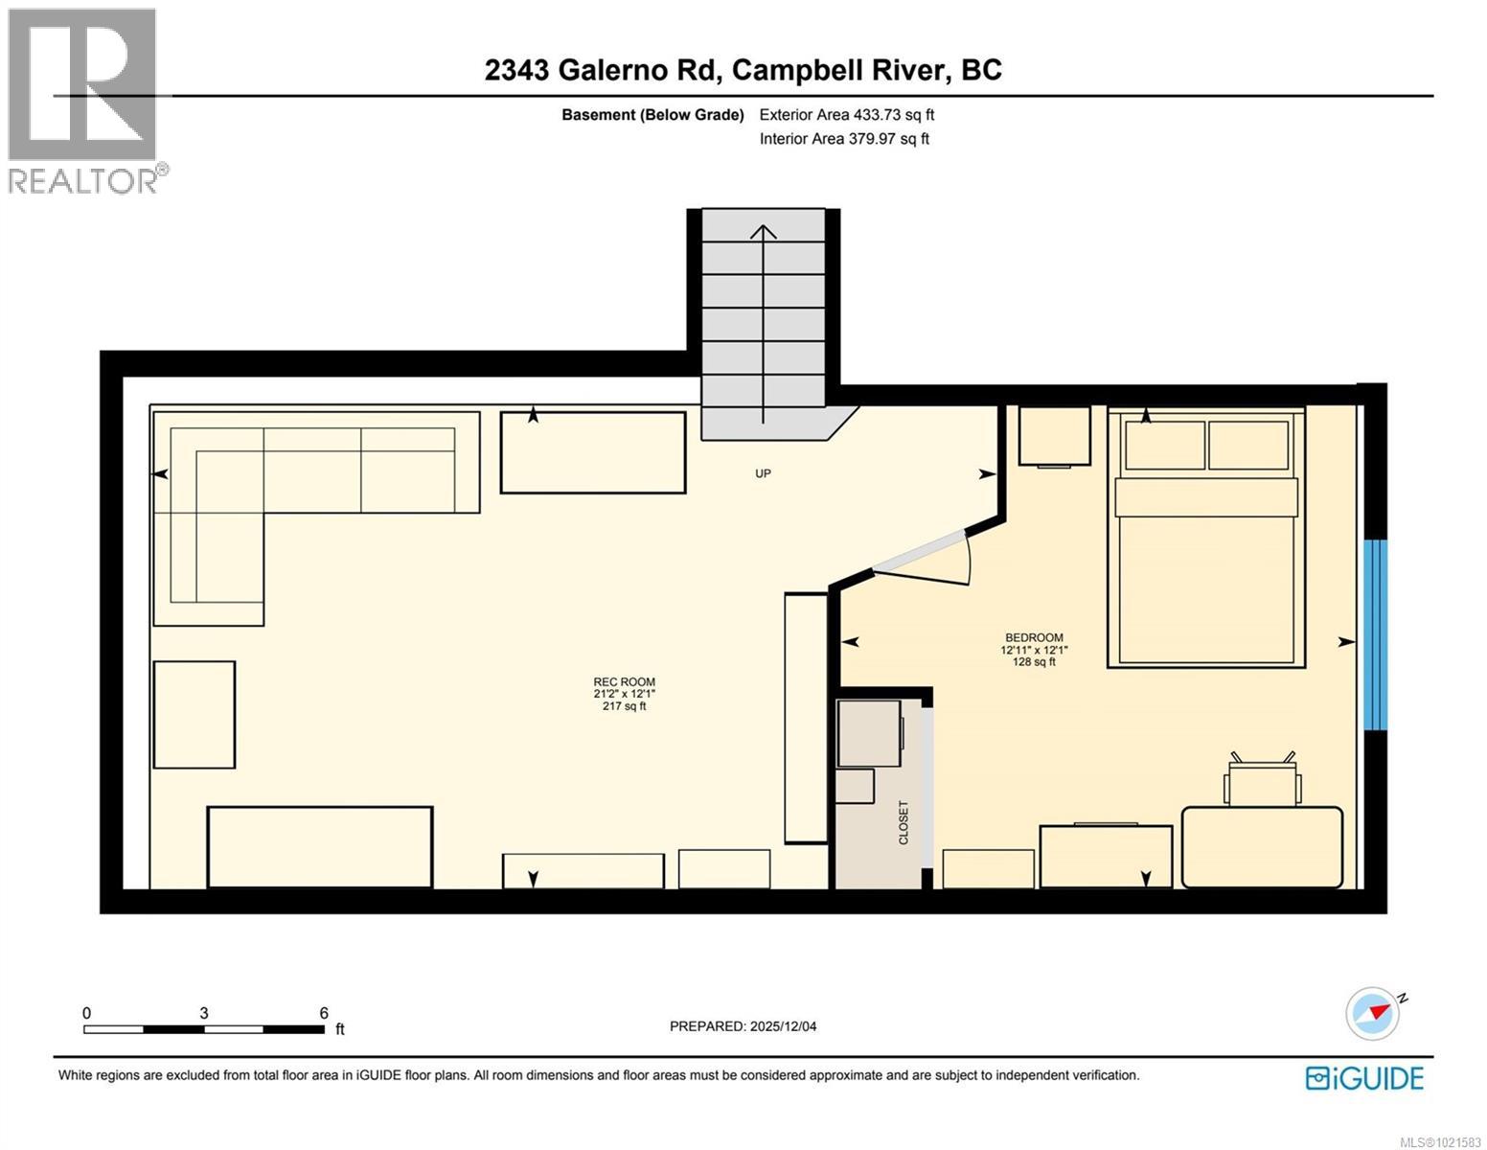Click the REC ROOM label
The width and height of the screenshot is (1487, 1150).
[x=624, y=682]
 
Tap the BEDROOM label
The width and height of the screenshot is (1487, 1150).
[x=1034, y=637]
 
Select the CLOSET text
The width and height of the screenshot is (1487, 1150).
[x=903, y=822]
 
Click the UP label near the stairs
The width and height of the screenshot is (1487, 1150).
[x=763, y=473]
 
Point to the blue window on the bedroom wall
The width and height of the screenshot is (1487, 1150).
[x=1374, y=634]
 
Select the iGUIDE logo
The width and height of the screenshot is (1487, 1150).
[x=1364, y=1078]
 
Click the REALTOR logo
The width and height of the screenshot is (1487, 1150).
[x=83, y=101]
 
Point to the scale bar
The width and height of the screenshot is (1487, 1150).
[x=204, y=1029]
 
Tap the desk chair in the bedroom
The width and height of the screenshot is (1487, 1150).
[x=1263, y=779]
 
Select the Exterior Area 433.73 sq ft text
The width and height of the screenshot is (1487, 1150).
[x=846, y=115]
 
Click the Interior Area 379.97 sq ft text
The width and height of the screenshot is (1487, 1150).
[x=844, y=139]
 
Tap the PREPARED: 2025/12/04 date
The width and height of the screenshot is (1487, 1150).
[x=743, y=1026]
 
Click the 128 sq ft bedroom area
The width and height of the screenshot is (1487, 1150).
[x=1034, y=661]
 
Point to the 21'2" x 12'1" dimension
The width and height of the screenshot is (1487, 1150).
[x=624, y=694]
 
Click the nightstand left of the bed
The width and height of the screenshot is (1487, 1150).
[x=1054, y=436]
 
